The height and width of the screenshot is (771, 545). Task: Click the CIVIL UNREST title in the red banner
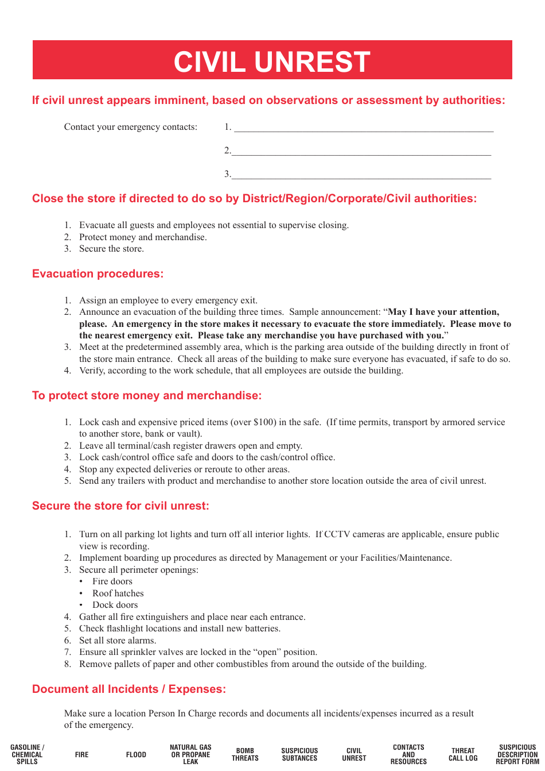pos(272,61)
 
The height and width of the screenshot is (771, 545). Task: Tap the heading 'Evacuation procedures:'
pos(98,274)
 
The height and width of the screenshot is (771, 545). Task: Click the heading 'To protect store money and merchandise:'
pos(147,396)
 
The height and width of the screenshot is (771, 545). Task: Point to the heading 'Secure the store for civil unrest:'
pos(120,506)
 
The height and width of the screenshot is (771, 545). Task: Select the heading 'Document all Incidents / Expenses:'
pos(129,689)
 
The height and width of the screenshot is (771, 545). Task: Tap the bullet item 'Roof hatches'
pos(118,593)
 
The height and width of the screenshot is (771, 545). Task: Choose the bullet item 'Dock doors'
pos(115,605)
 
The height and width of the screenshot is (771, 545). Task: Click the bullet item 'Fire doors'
pos(112,581)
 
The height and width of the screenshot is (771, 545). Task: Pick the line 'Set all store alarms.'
pos(118,641)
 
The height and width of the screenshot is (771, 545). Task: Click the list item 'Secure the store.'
pos(111,249)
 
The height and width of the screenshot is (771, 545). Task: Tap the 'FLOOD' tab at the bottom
pos(136,755)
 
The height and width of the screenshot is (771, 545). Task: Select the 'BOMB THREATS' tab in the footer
pos(245,754)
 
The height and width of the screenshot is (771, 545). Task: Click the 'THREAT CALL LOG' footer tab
pos(463,754)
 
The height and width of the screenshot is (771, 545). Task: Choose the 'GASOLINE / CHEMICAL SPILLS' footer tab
pos(27,754)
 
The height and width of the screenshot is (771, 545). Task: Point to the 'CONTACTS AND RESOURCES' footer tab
pos(408,754)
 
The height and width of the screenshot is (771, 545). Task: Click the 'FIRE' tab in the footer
pos(81,755)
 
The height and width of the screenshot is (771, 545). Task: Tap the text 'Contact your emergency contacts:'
pos(131,127)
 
